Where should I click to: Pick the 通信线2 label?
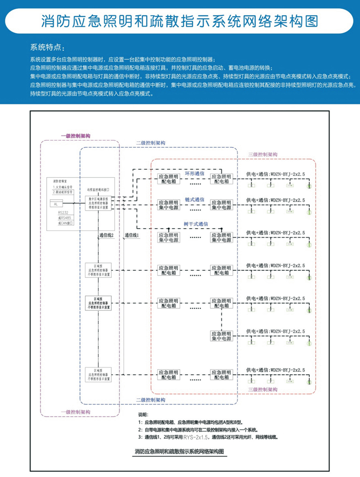coord(106,235)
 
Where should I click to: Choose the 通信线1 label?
coord(132,235)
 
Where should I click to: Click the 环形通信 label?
coord(194,173)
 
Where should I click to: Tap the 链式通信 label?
coord(194,199)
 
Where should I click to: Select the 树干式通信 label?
coord(197,224)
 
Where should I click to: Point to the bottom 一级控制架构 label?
coord(76,412)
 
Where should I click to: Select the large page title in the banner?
coord(180,21)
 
